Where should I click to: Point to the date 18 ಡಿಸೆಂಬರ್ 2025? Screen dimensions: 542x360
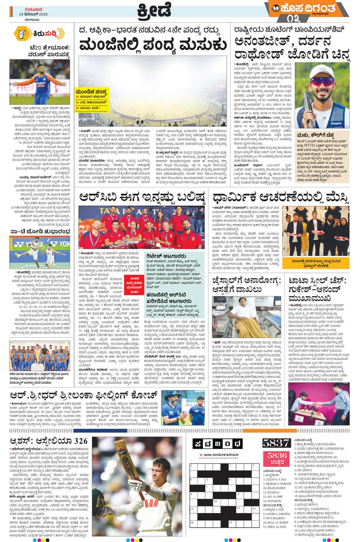[x=34, y=14]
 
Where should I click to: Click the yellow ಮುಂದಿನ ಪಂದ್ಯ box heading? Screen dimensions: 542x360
[x=91, y=92]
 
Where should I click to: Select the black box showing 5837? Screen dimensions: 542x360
[x=276, y=443]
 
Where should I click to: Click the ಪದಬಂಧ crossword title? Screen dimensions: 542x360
[x=218, y=444]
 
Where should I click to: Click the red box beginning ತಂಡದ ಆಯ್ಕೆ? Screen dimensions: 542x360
[x=134, y=285]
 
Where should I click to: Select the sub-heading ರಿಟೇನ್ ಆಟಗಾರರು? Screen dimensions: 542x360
[x=166, y=256]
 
